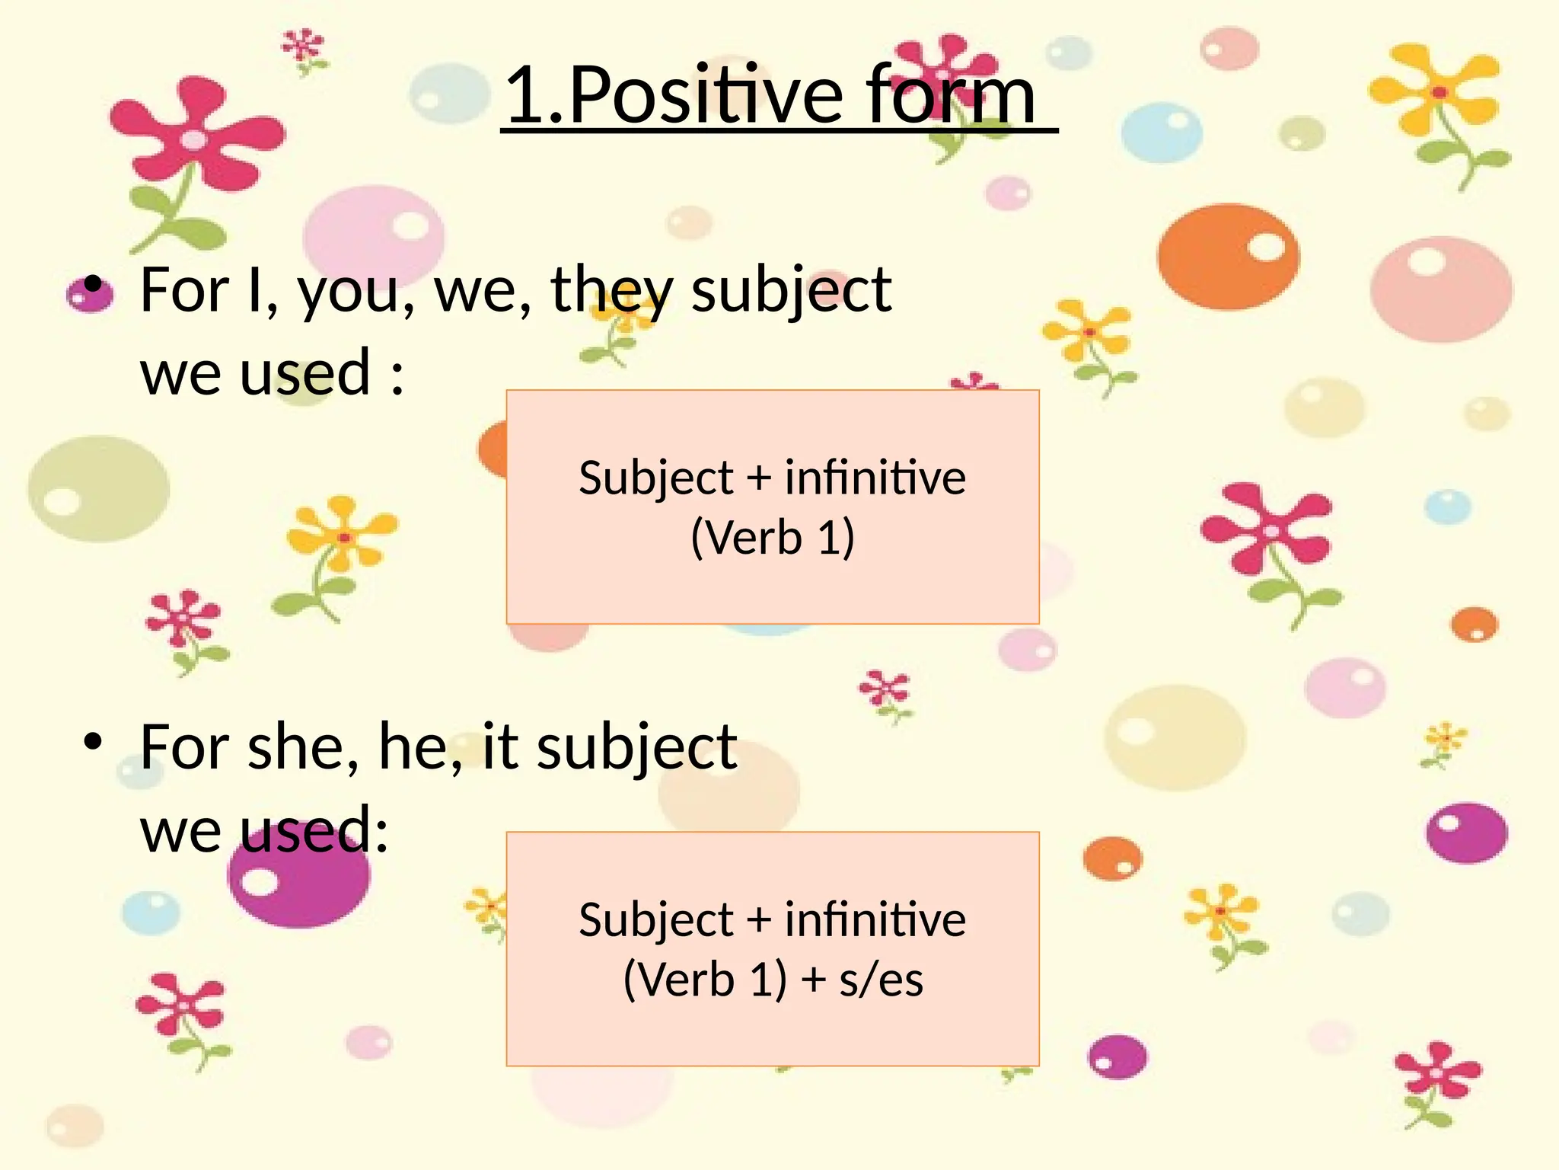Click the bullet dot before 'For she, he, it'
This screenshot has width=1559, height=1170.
(x=93, y=741)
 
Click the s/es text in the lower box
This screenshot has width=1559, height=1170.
(x=881, y=980)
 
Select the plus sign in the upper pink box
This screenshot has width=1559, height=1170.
(x=758, y=479)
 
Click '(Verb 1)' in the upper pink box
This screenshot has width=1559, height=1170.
(x=772, y=538)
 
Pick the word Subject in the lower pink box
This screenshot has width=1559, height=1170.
(x=655, y=920)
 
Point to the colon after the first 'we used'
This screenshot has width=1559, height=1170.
(x=397, y=376)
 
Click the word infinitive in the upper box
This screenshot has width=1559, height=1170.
(x=875, y=479)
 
